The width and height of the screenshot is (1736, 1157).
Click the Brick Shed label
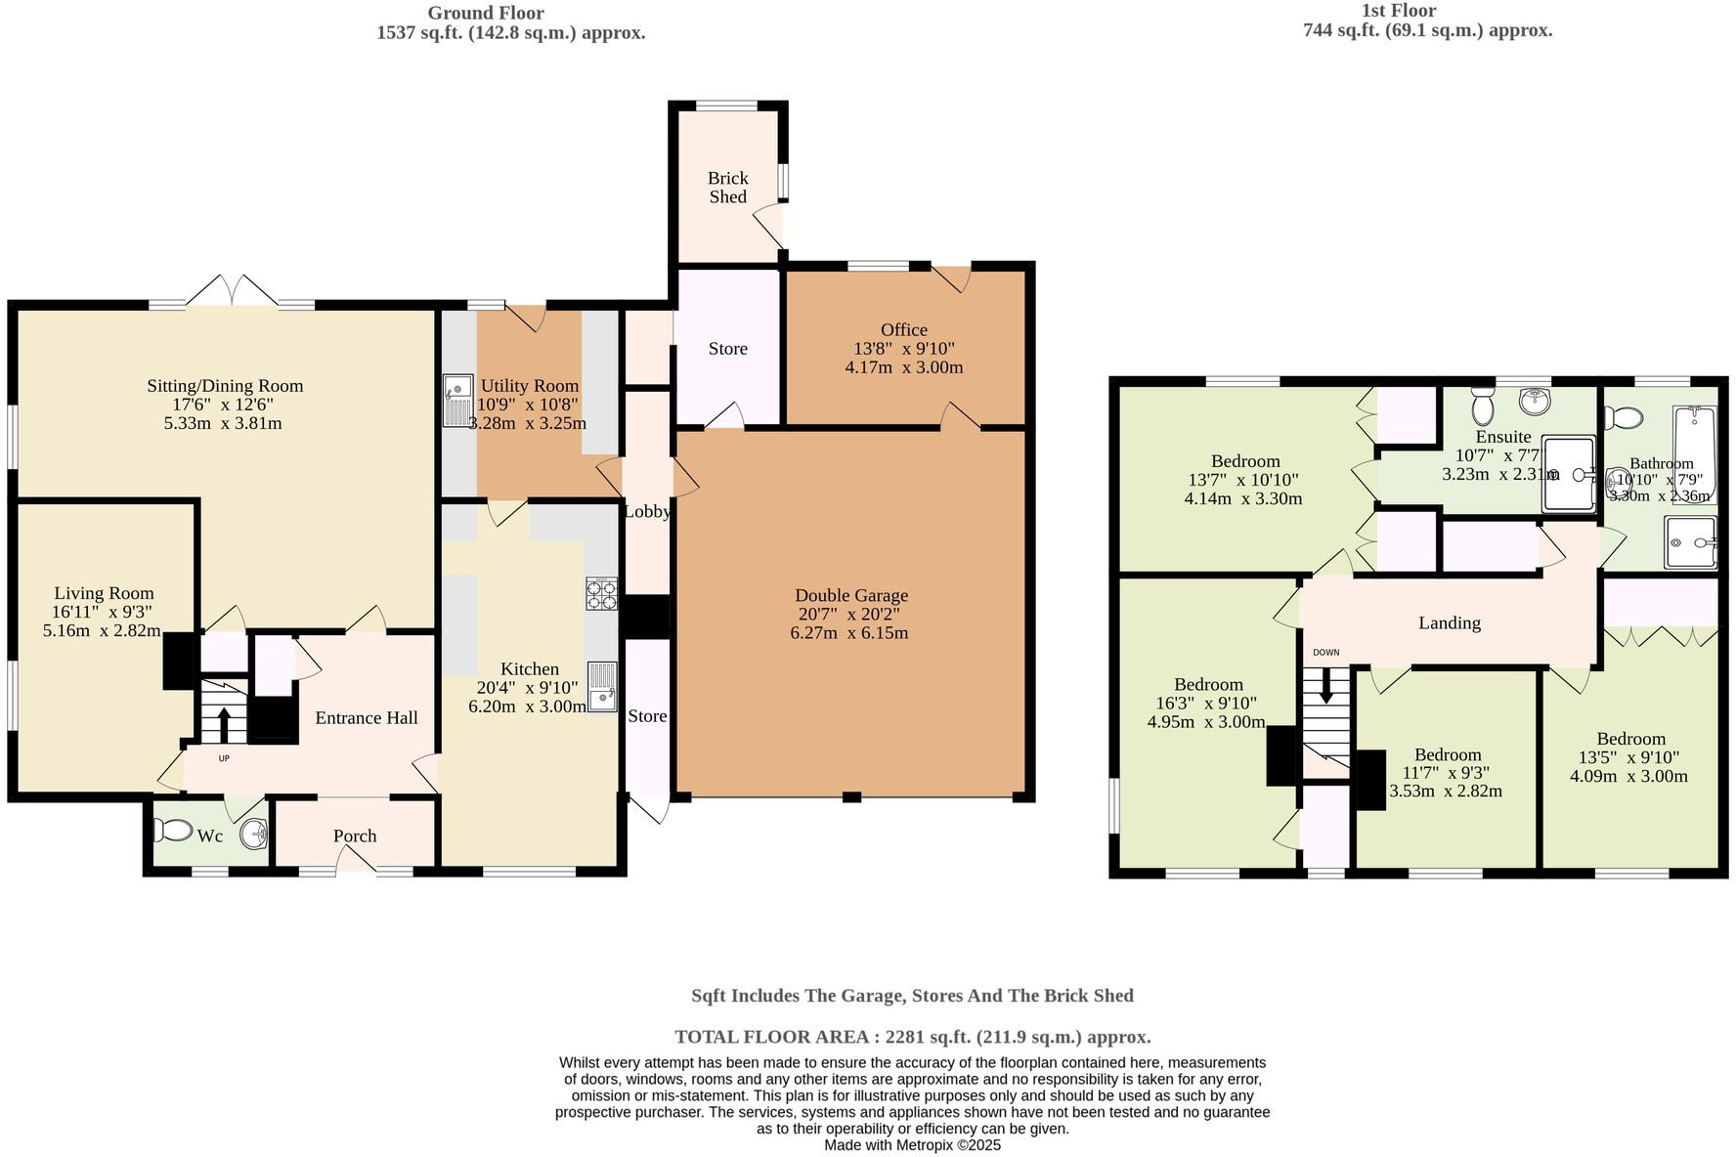[727, 187]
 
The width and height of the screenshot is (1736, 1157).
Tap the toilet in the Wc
[174, 831]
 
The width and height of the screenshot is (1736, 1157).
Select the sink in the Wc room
[253, 834]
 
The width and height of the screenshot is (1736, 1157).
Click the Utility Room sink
[456, 400]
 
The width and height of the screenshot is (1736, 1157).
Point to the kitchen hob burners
[601, 594]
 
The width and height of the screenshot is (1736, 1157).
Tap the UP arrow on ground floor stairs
[223, 726]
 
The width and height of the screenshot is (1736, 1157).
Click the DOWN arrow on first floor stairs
[1326, 685]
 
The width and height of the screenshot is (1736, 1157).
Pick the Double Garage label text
[850, 595]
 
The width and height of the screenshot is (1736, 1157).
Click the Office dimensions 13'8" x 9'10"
[903, 349]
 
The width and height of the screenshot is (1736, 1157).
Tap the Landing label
[1449, 622]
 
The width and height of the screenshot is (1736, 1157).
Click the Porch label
[354, 836]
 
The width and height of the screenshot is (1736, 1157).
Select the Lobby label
[646, 511]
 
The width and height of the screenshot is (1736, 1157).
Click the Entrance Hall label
[366, 717]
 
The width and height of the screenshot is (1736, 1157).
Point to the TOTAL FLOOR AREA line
[912, 1037]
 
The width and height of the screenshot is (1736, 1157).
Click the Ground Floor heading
[485, 13]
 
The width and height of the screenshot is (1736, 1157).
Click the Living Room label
[104, 593]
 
